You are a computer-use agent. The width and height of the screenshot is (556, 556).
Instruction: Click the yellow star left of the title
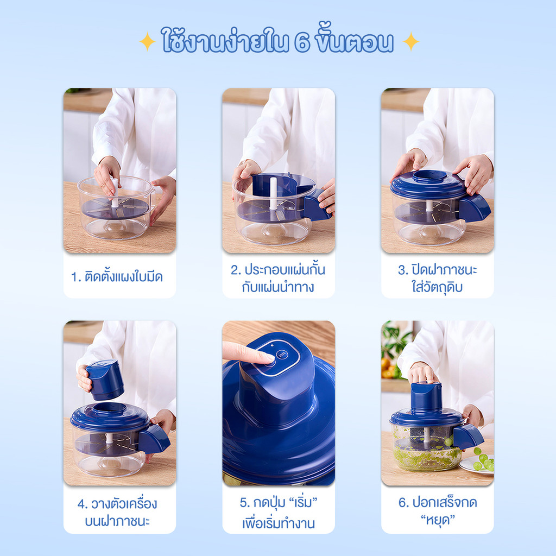click(x=147, y=42)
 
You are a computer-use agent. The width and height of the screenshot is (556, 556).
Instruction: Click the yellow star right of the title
click(x=410, y=42)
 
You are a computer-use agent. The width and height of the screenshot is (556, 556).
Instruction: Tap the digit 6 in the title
click(x=302, y=42)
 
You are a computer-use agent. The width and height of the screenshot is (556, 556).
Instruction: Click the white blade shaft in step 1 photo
click(x=115, y=193)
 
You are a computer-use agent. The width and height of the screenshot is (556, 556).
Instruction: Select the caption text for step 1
click(x=117, y=277)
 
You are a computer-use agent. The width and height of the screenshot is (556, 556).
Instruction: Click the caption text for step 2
click(x=278, y=279)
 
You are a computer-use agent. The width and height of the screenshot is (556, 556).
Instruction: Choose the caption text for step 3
click(x=437, y=279)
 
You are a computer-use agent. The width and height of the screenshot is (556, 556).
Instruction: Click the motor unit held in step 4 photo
click(x=105, y=380)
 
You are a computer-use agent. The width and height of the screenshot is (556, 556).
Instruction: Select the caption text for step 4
click(x=117, y=513)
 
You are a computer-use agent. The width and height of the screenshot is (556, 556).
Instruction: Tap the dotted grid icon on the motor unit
click(x=282, y=354)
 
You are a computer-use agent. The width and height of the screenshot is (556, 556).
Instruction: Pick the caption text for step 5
click(x=279, y=513)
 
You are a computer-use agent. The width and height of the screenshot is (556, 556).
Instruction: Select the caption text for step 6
click(x=438, y=511)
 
